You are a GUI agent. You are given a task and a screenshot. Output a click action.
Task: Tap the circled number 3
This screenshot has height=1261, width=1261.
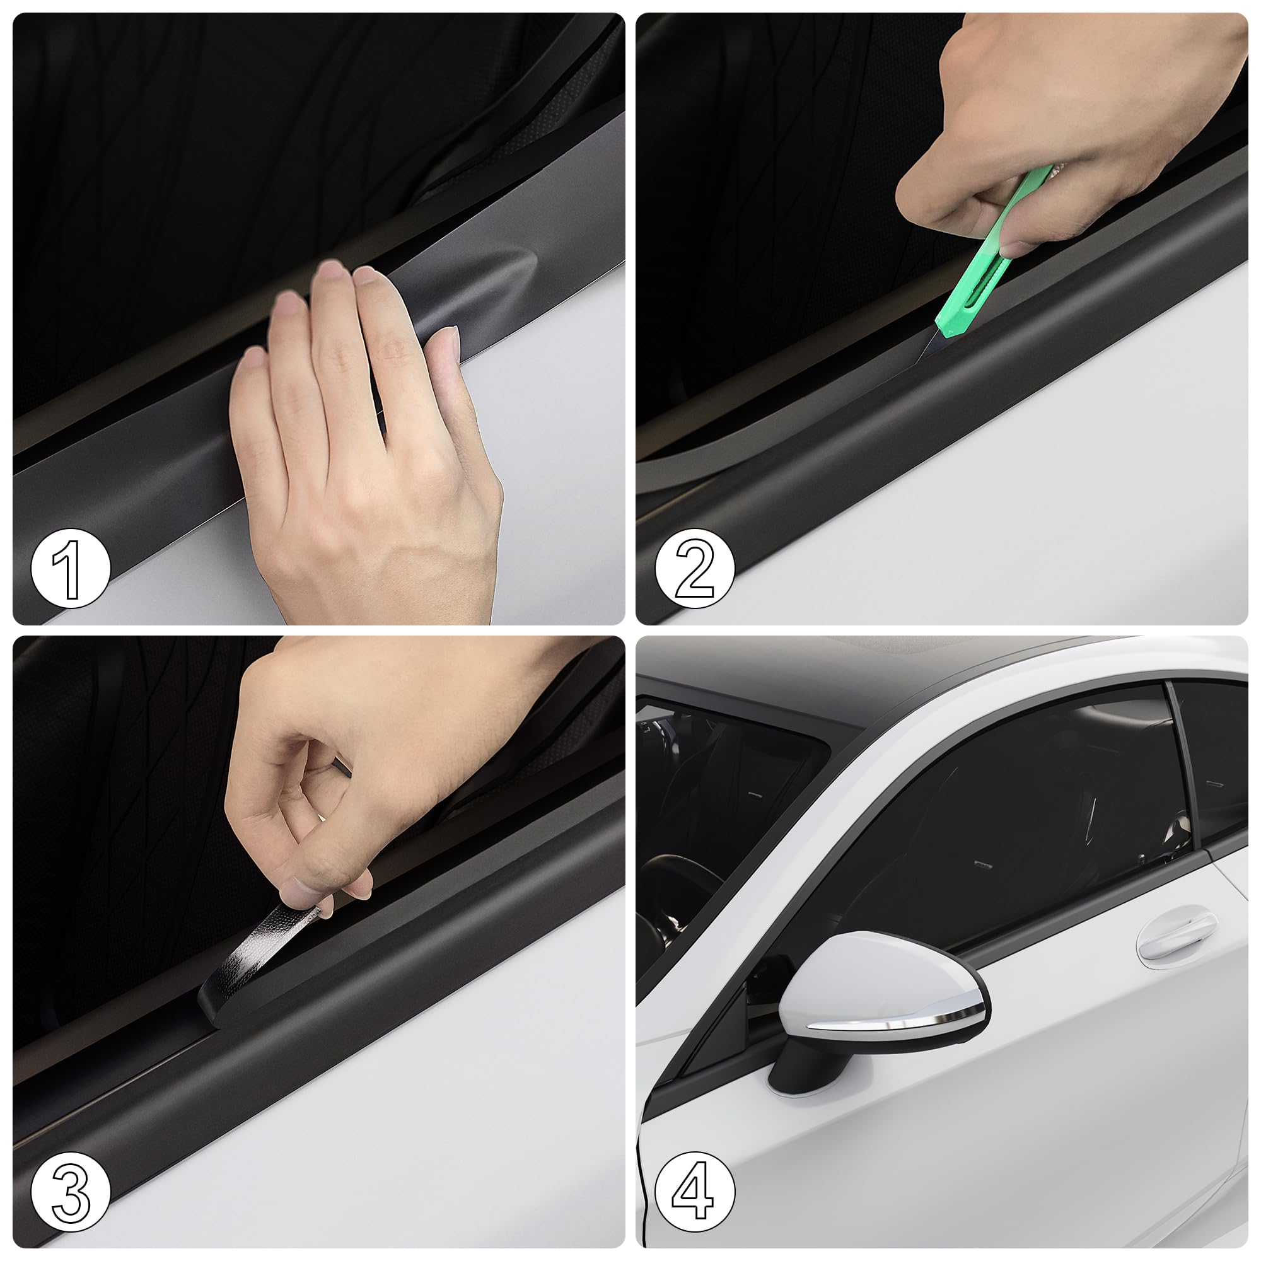[x=71, y=1192]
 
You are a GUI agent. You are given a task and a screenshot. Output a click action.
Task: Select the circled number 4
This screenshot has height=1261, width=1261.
[x=694, y=1192]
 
